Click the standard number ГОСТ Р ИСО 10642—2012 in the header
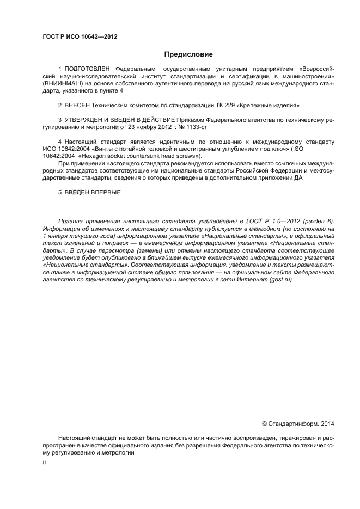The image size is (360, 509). click(x=80, y=37)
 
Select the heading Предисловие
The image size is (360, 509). click(x=188, y=54)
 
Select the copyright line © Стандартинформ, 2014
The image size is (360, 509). click(x=297, y=423)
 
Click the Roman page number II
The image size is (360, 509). click(x=44, y=463)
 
